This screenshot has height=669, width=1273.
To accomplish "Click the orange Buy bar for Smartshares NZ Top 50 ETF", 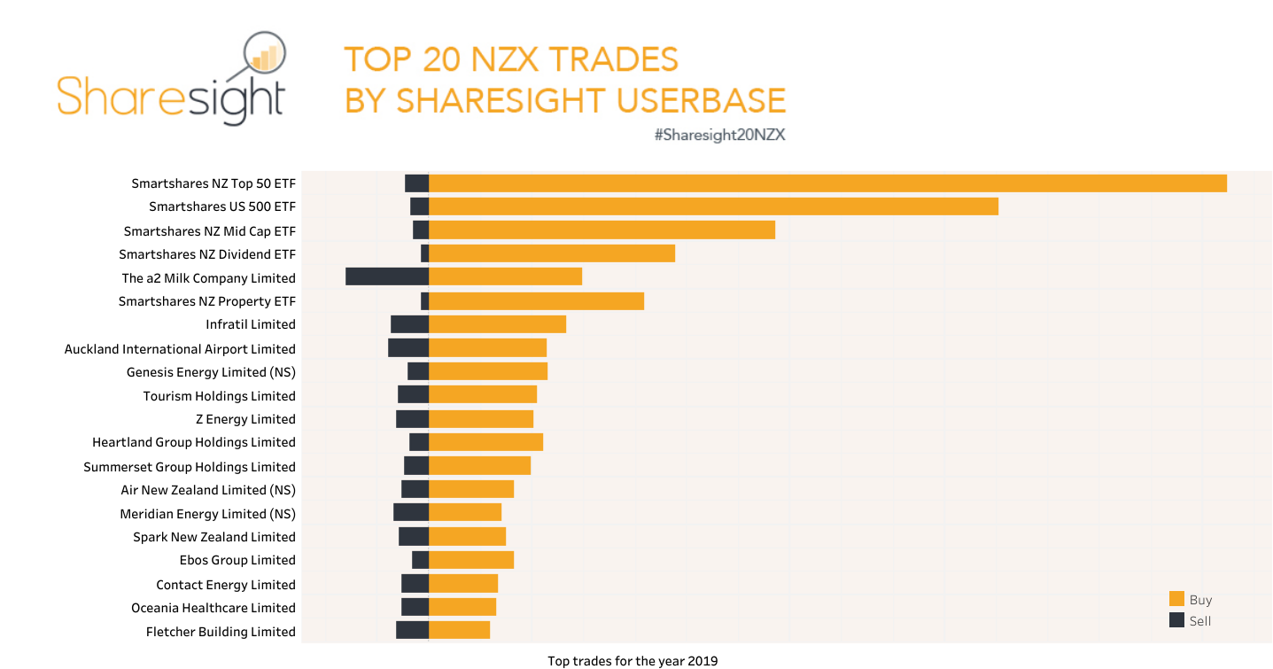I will (x=827, y=183).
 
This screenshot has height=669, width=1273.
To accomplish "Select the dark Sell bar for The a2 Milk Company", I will (x=387, y=276).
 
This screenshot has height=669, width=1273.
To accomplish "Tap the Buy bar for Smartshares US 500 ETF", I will (x=713, y=206).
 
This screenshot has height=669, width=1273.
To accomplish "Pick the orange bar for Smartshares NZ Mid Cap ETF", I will (x=602, y=230).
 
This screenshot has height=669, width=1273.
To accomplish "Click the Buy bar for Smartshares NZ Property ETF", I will (x=536, y=300).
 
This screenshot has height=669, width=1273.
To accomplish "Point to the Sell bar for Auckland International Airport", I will (x=408, y=348).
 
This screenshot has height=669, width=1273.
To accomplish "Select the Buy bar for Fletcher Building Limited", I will (x=459, y=630).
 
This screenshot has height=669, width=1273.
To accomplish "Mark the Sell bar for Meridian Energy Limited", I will (x=411, y=512).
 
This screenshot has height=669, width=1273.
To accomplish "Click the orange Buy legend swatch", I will (x=1176, y=599).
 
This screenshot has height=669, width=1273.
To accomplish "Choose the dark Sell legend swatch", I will (x=1176, y=620).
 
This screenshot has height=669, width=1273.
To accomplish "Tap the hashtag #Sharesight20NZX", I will (x=719, y=135).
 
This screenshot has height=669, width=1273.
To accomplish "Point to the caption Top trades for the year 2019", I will (x=633, y=661).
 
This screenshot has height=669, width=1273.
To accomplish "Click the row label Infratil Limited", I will (x=251, y=324).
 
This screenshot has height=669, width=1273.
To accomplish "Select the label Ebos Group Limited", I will (x=237, y=560).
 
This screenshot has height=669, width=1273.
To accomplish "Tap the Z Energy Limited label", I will (x=245, y=419).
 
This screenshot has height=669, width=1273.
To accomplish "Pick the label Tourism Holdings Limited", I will (x=219, y=396).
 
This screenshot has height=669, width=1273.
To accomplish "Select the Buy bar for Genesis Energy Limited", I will (x=488, y=371).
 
